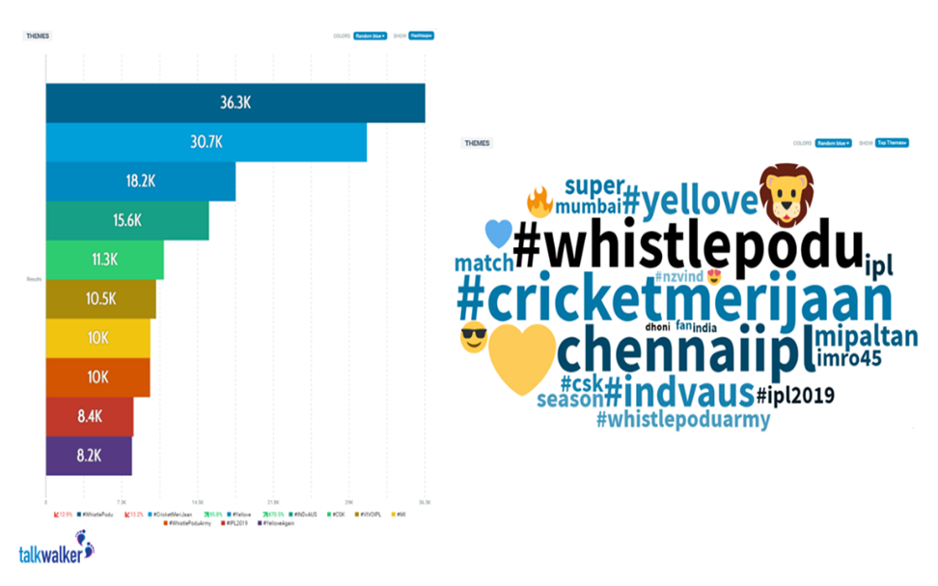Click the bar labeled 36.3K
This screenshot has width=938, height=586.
click(x=235, y=103)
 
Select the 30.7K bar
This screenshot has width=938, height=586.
click(x=206, y=142)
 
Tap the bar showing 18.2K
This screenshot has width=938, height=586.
click(x=140, y=181)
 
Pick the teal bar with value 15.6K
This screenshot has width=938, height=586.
click(x=126, y=220)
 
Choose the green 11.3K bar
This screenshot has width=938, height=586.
click(x=104, y=260)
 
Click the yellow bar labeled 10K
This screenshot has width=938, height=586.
click(x=97, y=338)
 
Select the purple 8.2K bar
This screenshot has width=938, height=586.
click(x=89, y=456)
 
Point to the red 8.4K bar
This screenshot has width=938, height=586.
click(x=89, y=416)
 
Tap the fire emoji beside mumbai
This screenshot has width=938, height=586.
click(x=538, y=202)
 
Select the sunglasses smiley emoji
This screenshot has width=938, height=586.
click(x=473, y=339)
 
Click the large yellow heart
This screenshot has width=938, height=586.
click(x=522, y=359)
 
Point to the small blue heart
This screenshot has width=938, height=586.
click(x=498, y=234)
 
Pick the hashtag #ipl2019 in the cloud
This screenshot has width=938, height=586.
click(x=796, y=395)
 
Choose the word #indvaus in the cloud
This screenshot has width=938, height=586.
click(x=679, y=393)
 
